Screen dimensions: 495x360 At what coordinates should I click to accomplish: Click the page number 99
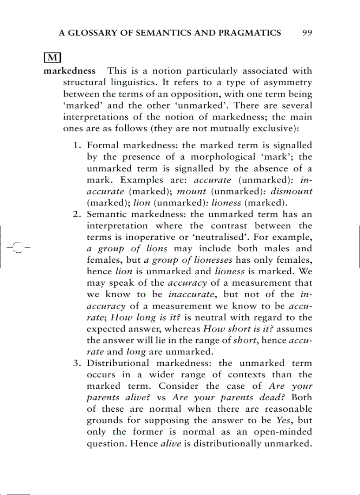307,33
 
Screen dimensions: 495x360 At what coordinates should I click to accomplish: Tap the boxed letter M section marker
52,58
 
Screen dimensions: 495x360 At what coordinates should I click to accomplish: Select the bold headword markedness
70,71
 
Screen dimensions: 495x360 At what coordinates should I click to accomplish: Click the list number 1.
76,145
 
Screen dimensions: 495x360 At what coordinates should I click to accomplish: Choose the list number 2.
76,215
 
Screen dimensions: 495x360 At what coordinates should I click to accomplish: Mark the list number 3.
76,363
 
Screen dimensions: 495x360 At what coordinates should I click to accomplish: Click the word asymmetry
287,83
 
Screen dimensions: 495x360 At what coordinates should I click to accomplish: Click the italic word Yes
283,421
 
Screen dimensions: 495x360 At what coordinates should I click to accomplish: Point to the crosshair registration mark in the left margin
17,247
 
